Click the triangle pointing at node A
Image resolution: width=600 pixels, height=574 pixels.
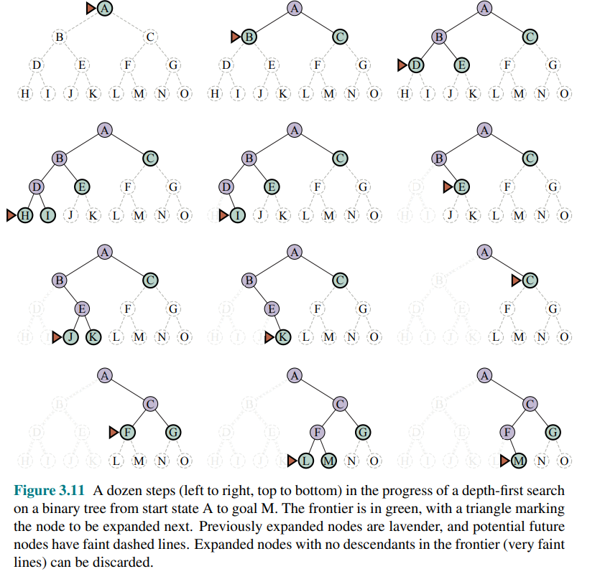tap(91, 9)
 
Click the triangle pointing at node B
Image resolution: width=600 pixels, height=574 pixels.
tap(235, 37)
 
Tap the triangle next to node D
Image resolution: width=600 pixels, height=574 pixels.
tap(402, 65)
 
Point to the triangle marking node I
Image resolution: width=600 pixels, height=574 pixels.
tap(223, 215)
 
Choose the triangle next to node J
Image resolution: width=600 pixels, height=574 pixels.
tap(57, 337)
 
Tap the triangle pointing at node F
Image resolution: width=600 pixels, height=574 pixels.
tap(114, 431)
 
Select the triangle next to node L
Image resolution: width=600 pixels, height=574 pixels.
tap(292, 460)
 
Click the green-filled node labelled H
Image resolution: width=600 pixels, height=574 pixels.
tap(25, 215)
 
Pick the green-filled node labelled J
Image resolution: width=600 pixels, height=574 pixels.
tap(70, 337)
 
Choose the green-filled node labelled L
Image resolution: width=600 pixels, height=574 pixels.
tap(306, 460)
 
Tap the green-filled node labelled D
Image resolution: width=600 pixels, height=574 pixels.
tap(415, 65)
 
